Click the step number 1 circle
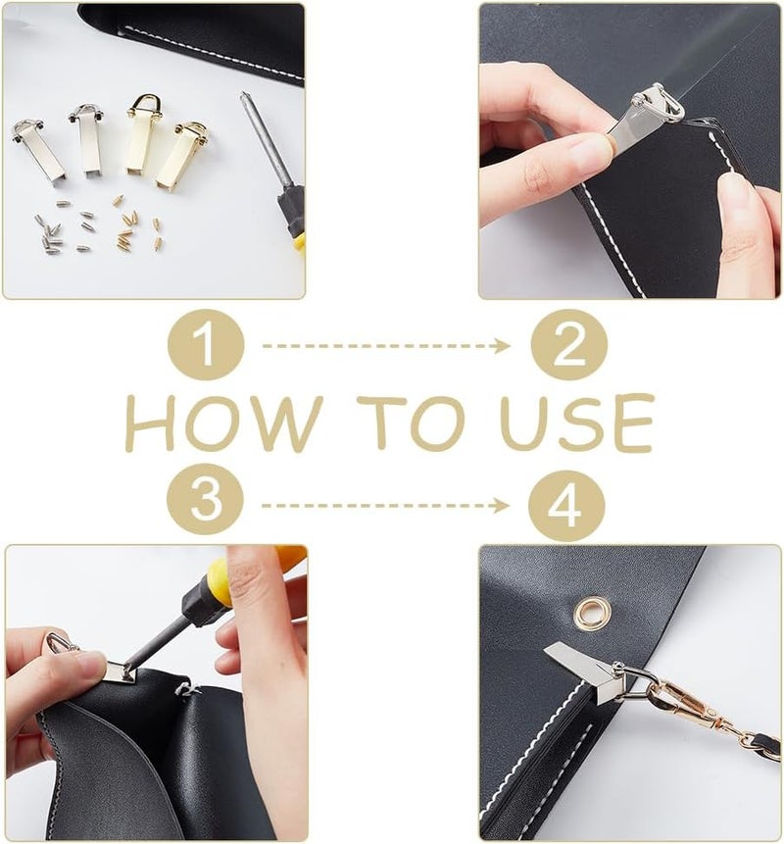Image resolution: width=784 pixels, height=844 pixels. coord(206,344)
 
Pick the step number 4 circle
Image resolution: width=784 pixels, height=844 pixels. coord(566,506)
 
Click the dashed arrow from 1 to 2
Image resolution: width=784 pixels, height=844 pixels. coord(386,346)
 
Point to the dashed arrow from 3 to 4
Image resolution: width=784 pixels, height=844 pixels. coord(385,506)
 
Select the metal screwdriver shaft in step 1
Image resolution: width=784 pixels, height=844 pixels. coord(262,141)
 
